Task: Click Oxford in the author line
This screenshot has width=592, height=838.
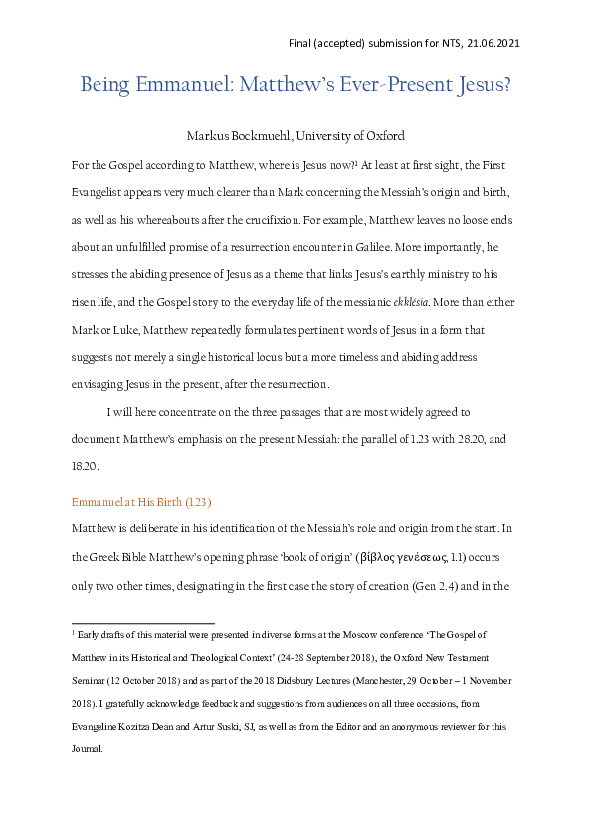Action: click(x=384, y=135)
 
